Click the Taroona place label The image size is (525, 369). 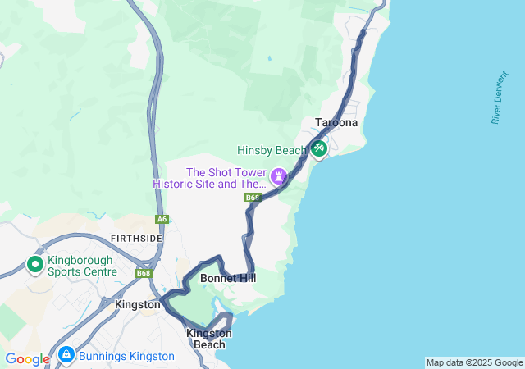[336, 123]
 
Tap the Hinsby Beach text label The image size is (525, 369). [272, 150]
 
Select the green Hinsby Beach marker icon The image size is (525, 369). [318, 148]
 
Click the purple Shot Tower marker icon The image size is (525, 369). [280, 175]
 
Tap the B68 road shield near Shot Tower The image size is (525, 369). [252, 198]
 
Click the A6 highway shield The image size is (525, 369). [162, 219]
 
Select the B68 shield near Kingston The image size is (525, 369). [144, 273]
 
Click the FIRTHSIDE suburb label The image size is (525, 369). [135, 238]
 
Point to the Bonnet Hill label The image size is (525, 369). [228, 279]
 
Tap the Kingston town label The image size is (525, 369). [138, 304]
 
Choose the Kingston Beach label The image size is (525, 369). [208, 339]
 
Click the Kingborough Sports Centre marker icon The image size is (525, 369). [35, 264]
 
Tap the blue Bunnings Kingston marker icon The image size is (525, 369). [66, 356]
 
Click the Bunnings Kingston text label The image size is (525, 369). [126, 356]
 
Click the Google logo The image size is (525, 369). [27, 359]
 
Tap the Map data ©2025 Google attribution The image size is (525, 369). [474, 362]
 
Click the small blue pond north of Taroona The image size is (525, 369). [268, 58]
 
